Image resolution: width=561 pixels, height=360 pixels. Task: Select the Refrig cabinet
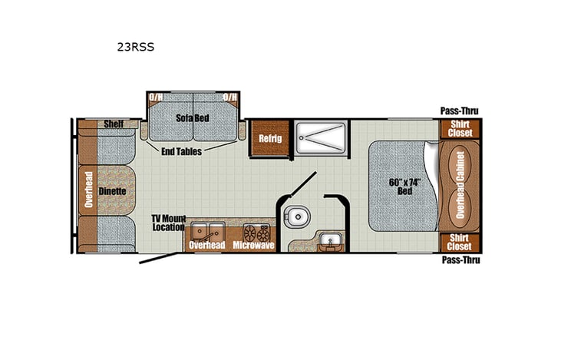[x=270, y=138]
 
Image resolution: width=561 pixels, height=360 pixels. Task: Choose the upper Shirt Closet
[x=459, y=128]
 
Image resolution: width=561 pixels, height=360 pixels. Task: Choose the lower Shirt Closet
[x=459, y=242]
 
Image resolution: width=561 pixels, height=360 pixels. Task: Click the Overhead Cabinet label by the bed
[x=459, y=184]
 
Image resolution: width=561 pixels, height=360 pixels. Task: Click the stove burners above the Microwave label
[x=256, y=230]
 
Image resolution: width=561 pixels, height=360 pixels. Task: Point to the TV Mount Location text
[x=168, y=223]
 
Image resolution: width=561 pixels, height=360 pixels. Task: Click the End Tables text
[x=182, y=151]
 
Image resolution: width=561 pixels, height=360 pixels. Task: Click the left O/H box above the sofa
[x=156, y=97]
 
